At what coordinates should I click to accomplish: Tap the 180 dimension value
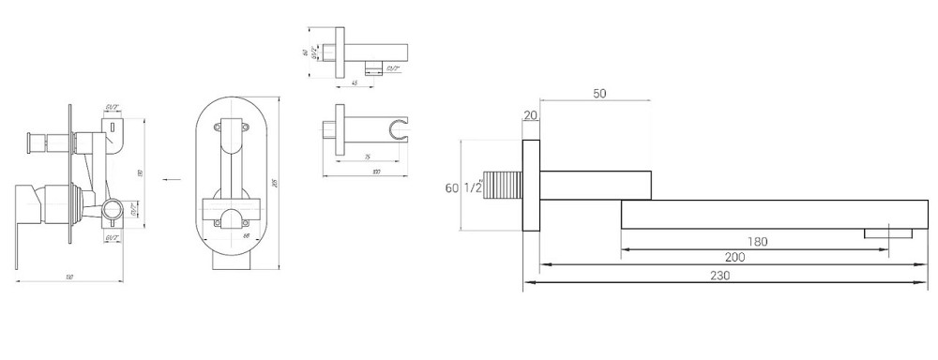point(758,242)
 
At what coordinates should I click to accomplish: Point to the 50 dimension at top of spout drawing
point(598,95)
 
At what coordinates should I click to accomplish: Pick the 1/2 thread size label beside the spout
point(472,188)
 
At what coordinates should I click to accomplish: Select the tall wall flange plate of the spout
point(532,187)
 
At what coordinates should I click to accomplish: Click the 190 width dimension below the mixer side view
point(71,276)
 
